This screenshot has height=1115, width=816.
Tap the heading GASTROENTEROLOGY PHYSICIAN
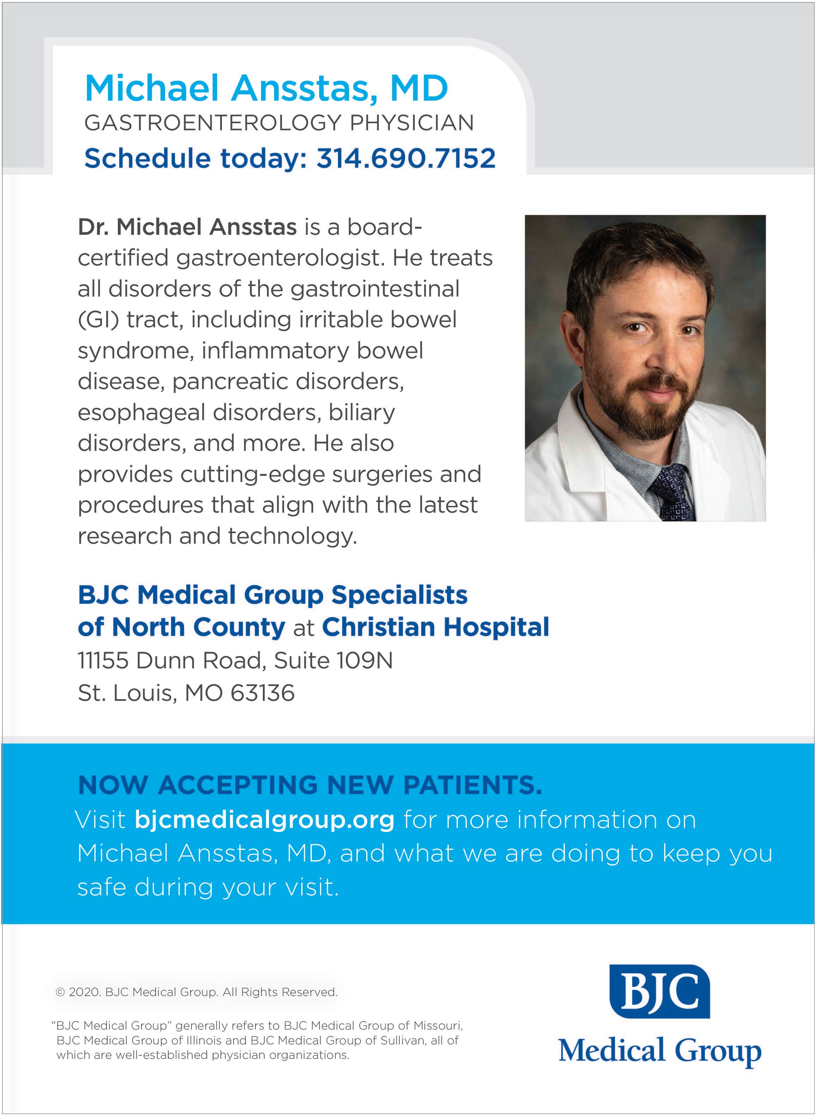(279, 123)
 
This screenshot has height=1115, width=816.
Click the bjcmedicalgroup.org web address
(264, 820)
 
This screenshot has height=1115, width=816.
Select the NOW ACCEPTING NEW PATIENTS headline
(310, 785)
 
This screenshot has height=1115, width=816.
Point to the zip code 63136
(262, 693)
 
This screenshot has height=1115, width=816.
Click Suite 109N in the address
(333, 661)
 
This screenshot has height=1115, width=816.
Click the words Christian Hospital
(436, 627)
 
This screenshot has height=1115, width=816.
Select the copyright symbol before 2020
(60, 992)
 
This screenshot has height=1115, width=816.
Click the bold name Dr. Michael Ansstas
(187, 227)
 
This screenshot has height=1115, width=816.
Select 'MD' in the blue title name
(419, 88)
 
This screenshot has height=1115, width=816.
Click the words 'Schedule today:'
(195, 158)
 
